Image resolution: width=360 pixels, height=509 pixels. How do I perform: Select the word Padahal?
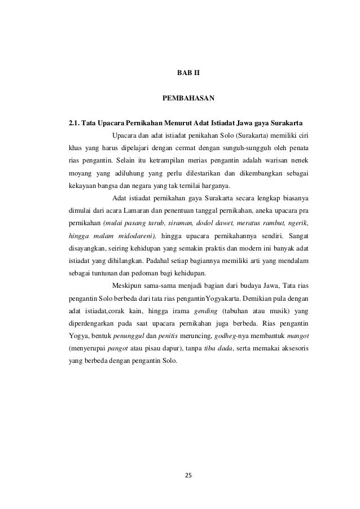[159, 262]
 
